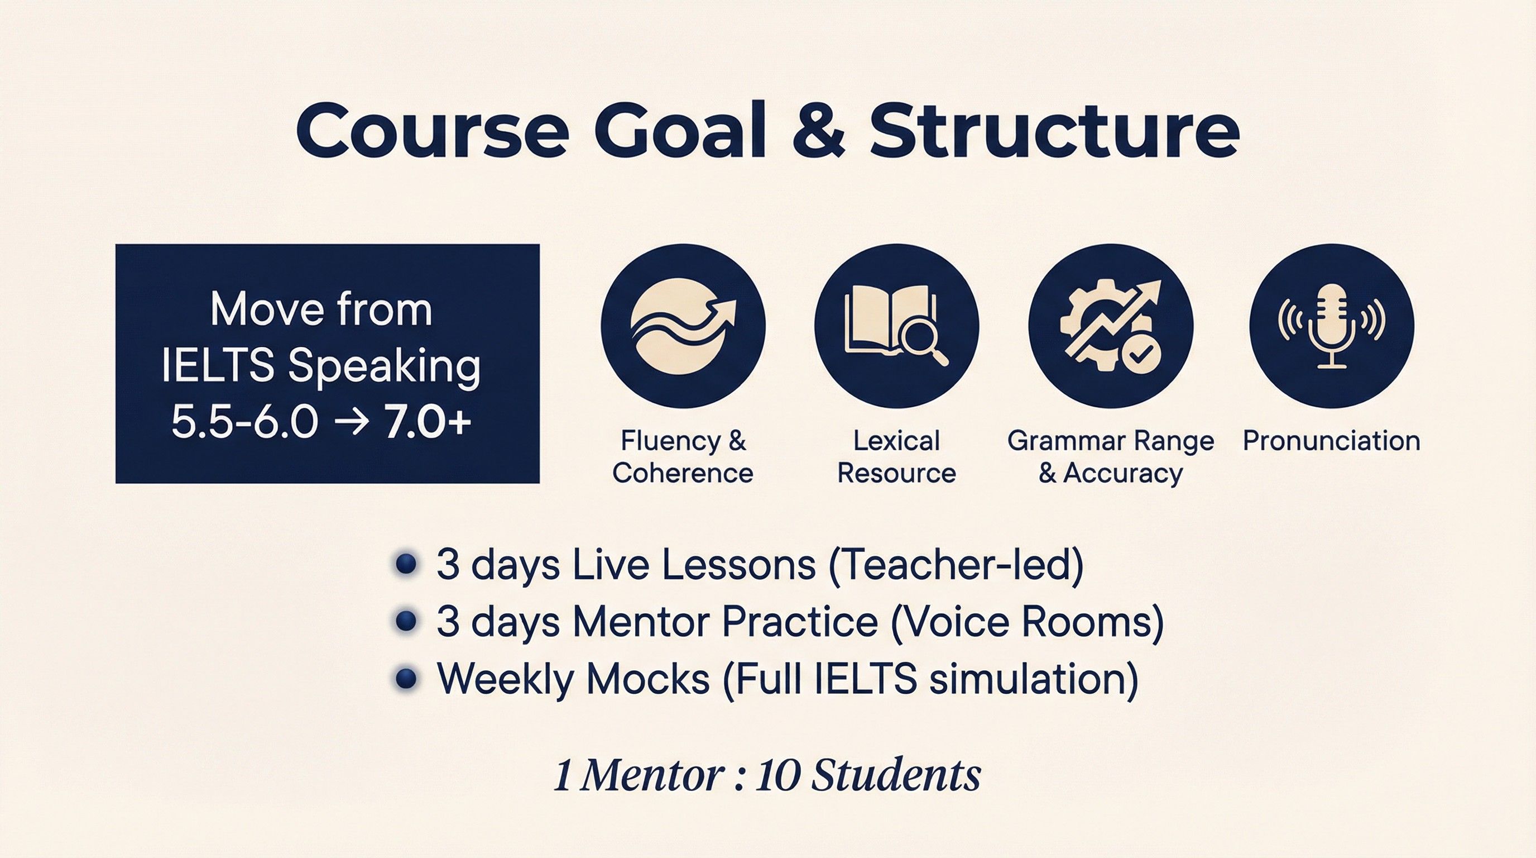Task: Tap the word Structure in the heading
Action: [x=1054, y=131]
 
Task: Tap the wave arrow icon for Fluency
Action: [x=683, y=326]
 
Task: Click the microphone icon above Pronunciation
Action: [x=1331, y=326]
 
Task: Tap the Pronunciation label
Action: [x=1331, y=441]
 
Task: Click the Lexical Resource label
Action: [x=896, y=457]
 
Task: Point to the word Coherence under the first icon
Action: [x=683, y=473]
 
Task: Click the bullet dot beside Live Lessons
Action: [x=405, y=564]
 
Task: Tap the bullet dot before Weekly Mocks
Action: [x=405, y=678]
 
